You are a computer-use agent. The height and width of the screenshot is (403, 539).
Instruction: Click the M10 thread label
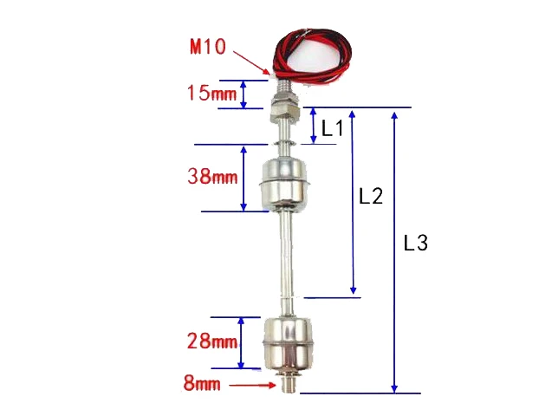[x=207, y=47]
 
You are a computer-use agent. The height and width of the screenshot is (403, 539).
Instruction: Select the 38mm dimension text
[x=211, y=177]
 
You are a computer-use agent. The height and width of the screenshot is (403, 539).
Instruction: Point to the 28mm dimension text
[x=211, y=341]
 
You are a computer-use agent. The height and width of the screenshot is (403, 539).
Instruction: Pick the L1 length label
[x=333, y=129]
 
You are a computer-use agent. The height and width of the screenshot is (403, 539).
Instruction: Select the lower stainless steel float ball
[x=285, y=342]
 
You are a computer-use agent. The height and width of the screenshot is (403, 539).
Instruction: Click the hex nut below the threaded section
[x=283, y=109]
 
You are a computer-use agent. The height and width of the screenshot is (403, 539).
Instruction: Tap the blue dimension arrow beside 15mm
[x=244, y=94]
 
